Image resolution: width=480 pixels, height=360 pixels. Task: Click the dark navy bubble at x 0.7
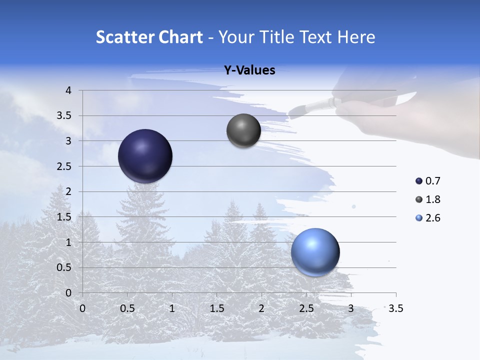(x=145, y=156)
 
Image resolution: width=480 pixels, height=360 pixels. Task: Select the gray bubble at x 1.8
(x=243, y=130)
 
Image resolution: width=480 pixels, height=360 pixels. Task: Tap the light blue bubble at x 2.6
(x=315, y=252)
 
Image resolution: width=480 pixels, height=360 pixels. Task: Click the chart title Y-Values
(x=249, y=70)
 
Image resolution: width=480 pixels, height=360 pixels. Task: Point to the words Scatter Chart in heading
(x=149, y=37)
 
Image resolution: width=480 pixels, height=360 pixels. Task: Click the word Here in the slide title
(x=356, y=37)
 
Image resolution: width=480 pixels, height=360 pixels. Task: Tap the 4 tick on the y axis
(x=68, y=90)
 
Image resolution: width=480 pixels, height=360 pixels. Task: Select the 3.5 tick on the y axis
(x=65, y=116)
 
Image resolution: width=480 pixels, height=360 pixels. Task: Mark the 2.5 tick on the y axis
(x=65, y=166)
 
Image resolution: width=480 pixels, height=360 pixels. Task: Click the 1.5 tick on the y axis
(x=65, y=217)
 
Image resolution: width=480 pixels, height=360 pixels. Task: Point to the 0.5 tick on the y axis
(x=65, y=267)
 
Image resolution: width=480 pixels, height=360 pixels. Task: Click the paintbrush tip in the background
(x=295, y=111)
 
